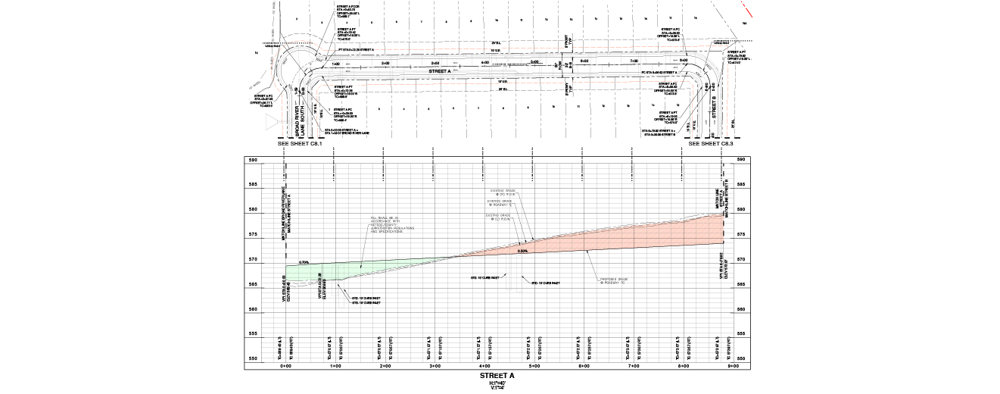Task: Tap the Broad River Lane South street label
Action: click(x=300, y=121)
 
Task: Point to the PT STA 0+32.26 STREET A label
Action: click(x=356, y=50)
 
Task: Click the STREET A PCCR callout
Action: click(x=348, y=11)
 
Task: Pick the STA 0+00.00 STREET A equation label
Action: click(x=347, y=132)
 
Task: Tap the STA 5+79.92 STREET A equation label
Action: click(x=658, y=132)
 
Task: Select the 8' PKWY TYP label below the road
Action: click(x=569, y=88)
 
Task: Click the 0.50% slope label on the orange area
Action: click(x=522, y=251)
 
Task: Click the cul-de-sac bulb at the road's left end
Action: click(x=299, y=64)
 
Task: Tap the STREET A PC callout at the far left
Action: click(x=262, y=101)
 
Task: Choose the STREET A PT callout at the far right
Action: click(x=739, y=56)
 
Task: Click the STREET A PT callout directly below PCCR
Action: click(x=348, y=33)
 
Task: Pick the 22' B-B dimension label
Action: click(x=496, y=51)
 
